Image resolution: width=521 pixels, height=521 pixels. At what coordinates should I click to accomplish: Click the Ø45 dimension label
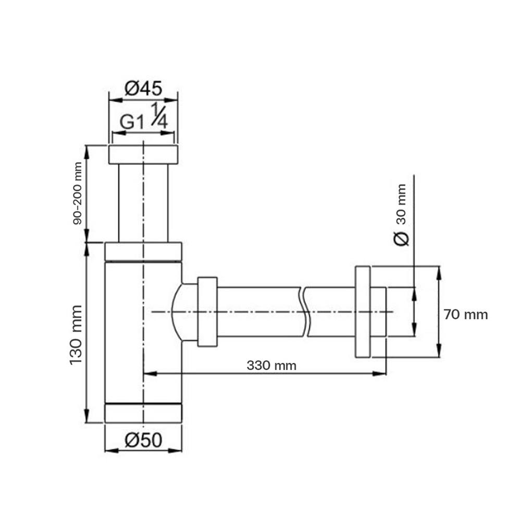[x=143, y=89]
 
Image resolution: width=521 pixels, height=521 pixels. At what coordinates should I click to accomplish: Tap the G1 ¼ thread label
[x=143, y=120]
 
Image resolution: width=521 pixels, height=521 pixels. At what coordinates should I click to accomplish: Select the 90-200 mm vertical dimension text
[x=78, y=193]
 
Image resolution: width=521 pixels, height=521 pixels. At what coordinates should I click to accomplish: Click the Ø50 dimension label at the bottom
[x=143, y=441]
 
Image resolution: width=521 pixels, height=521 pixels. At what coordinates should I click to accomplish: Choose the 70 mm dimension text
[x=466, y=315]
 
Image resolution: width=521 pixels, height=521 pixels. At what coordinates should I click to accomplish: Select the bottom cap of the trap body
[x=143, y=413]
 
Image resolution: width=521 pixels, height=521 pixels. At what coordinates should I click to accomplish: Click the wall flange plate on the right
[x=363, y=312]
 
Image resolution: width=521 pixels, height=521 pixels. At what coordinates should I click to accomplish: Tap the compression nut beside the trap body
[x=207, y=312]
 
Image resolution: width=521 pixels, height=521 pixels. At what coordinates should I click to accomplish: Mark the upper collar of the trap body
[x=143, y=251]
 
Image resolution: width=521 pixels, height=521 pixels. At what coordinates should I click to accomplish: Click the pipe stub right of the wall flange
[x=378, y=312]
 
